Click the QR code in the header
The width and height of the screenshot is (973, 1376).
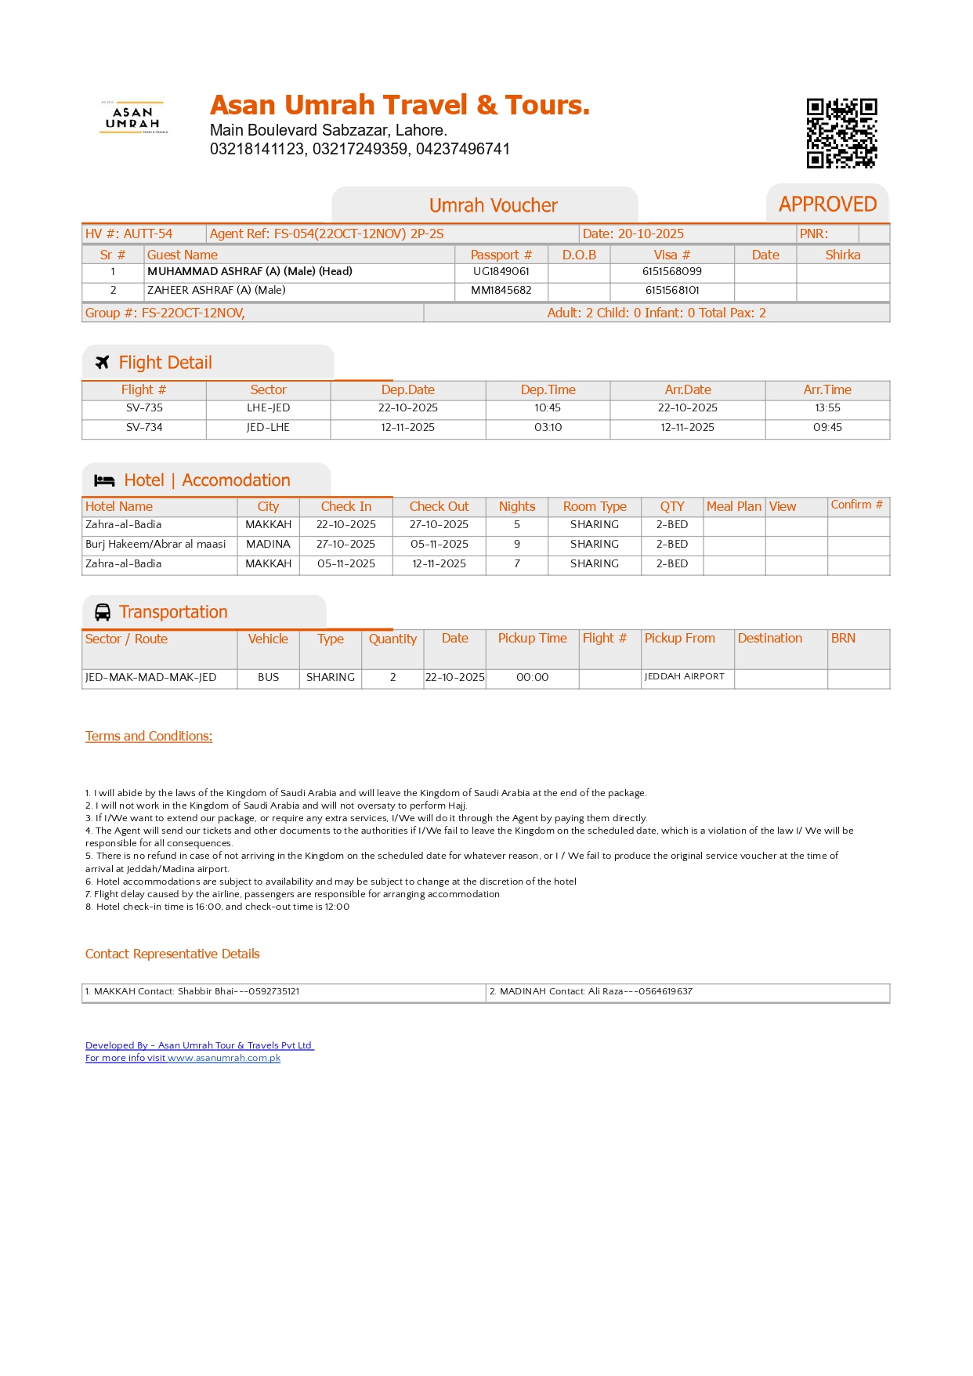pyautogui.click(x=841, y=133)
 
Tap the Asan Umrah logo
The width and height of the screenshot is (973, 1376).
pyautogui.click(x=133, y=118)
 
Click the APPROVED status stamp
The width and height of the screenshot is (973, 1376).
pyautogui.click(x=827, y=205)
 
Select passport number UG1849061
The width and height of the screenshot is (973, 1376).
pyautogui.click(x=501, y=272)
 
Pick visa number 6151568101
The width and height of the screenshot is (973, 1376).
pyautogui.click(x=672, y=291)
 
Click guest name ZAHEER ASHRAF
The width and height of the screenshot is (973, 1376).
pyautogui.click(x=216, y=291)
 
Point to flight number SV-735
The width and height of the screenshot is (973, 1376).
pyautogui.click(x=144, y=408)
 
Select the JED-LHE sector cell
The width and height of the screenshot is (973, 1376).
pyautogui.click(x=268, y=428)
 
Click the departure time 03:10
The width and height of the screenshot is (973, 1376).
pyautogui.click(x=548, y=428)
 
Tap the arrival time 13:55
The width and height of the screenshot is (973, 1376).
pyautogui.click(x=827, y=408)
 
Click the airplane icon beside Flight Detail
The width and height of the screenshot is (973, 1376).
pyautogui.click(x=103, y=363)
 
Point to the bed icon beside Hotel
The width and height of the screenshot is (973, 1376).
pyautogui.click(x=104, y=480)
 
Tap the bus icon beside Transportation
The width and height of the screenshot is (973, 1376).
pyautogui.click(x=103, y=612)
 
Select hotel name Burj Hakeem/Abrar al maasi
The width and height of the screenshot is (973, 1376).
pyautogui.click(x=155, y=545)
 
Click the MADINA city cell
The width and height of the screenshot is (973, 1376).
pyautogui.click(x=268, y=545)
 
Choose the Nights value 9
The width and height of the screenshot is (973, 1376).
pyautogui.click(x=517, y=545)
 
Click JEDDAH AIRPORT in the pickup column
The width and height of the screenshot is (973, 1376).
pyautogui.click(x=684, y=677)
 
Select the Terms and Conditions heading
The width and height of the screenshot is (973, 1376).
pyautogui.click(x=149, y=737)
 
